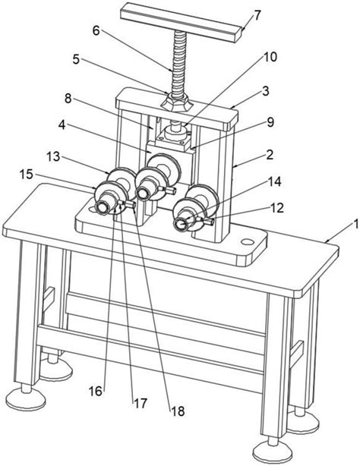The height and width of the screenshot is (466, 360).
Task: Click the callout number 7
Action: pos(257,15)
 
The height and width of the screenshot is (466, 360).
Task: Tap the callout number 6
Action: pos(96,30)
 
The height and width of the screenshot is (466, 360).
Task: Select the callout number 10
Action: pos(270,57)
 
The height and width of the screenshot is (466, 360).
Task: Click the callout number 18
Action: pos(178,411)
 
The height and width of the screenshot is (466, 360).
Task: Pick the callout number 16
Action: pos(96,391)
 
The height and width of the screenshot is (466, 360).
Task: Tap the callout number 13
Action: pos(54,156)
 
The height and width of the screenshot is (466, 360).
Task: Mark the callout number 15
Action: pos(26,174)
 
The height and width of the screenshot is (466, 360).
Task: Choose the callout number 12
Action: pos(277,208)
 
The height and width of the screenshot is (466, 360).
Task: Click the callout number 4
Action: pos(62,125)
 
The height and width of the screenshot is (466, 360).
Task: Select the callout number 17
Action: pos(141,403)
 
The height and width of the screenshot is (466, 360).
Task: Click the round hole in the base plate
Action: pos(247,242)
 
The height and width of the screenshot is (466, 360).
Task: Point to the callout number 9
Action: pos(270,122)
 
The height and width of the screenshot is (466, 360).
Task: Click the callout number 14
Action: pos(275,181)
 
